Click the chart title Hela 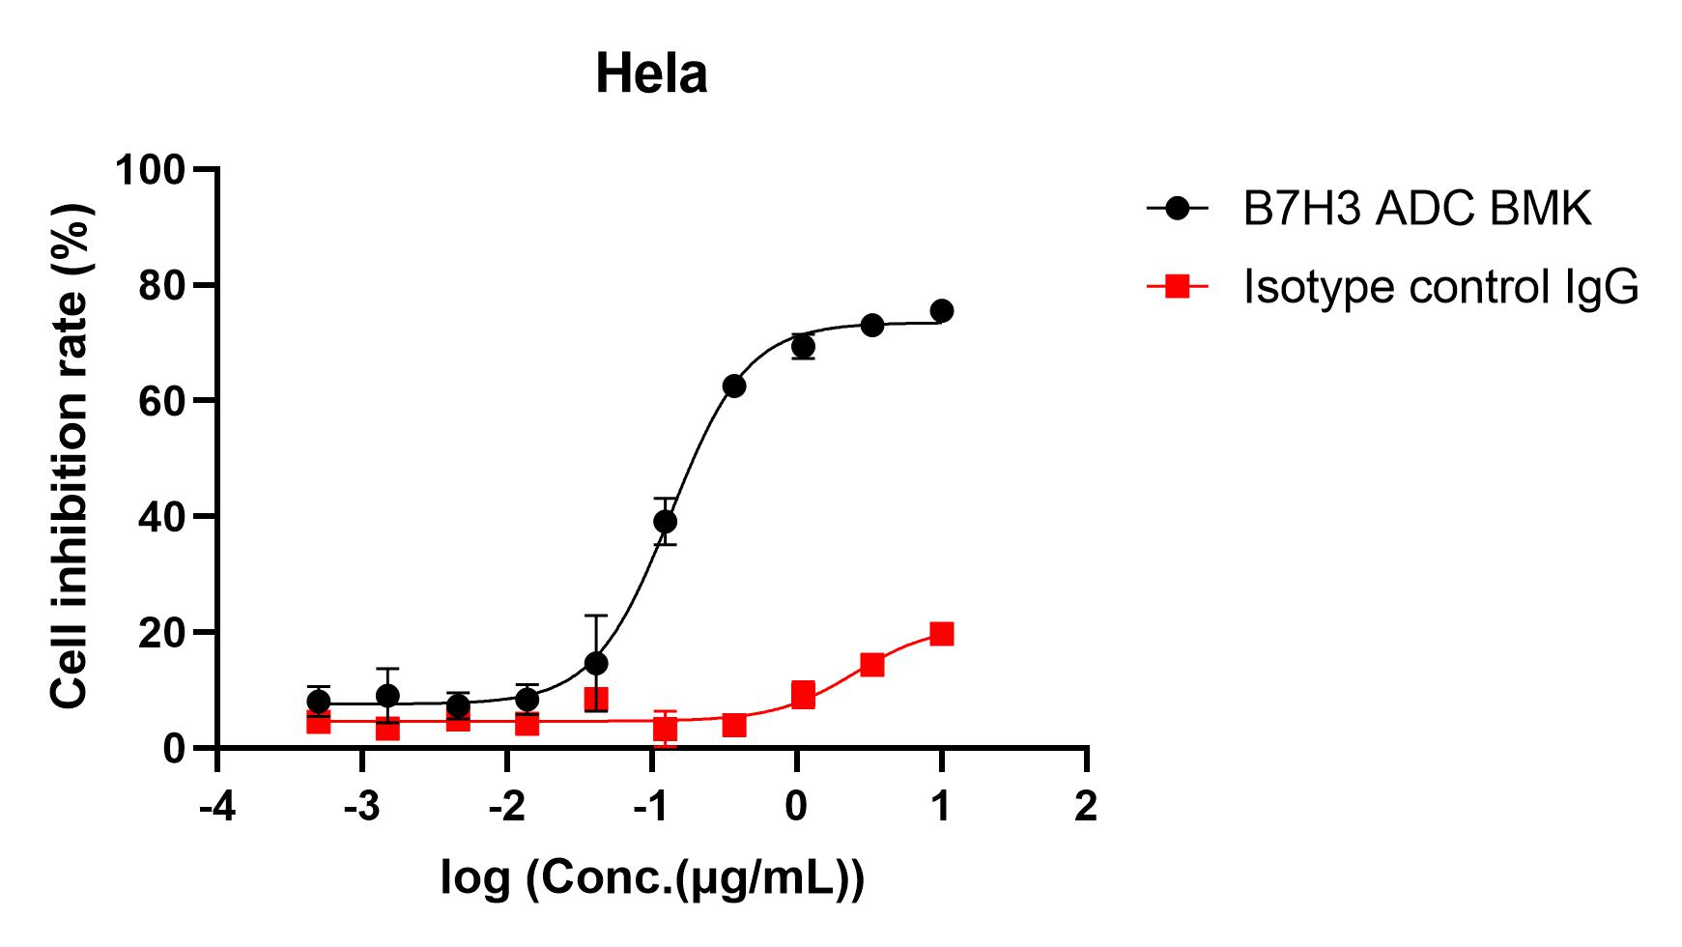[651, 74]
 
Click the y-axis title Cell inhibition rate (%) [70, 456]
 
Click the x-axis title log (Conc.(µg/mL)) [652, 877]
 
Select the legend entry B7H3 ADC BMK [1416, 208]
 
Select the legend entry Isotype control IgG [1440, 287]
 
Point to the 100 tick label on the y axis [150, 170]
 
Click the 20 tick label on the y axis [161, 632]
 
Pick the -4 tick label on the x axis [216, 805]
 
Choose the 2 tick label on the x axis [1087, 805]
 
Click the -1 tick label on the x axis [651, 805]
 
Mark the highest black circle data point [941, 311]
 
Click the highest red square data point [941, 634]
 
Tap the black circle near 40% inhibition [665, 522]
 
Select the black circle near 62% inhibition [734, 387]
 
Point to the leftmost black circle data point [319, 702]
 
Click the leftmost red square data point [319, 722]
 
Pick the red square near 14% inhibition [872, 665]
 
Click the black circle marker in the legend [1178, 208]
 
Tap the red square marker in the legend [1178, 286]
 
